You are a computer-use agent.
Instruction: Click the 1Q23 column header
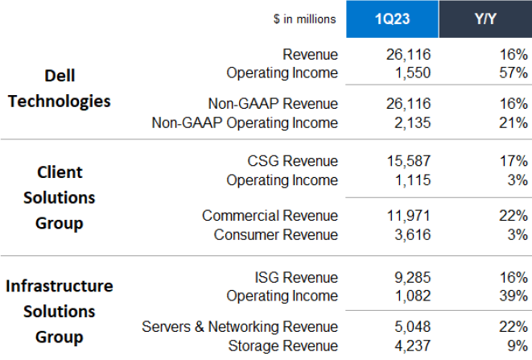tap(392, 19)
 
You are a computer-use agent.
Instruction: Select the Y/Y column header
tap(485, 19)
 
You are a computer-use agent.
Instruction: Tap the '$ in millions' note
tap(306, 19)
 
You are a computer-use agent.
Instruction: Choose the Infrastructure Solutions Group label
tap(60, 311)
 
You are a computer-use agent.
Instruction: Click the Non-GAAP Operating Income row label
tap(245, 123)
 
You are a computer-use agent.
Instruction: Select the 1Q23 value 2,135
tap(408, 123)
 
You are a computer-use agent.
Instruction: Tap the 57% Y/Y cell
tap(512, 73)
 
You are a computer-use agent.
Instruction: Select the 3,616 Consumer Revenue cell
tap(408, 235)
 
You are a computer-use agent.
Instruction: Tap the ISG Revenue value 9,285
tap(408, 278)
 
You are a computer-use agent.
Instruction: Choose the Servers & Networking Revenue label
tap(240, 327)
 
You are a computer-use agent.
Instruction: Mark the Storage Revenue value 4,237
tap(408, 346)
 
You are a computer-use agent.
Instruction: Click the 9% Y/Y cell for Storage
tap(516, 346)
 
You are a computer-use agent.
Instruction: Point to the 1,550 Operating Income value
tap(408, 73)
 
